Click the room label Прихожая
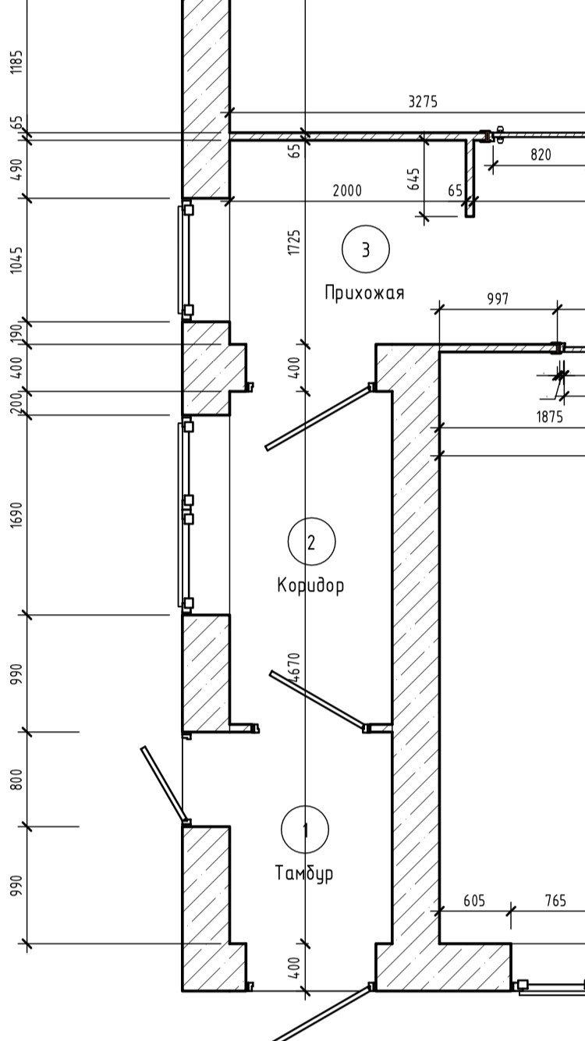365,293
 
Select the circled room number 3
366,249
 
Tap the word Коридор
310,584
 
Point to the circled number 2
311,542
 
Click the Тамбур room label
304,872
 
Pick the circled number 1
305,830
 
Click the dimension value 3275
423,101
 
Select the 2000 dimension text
347,190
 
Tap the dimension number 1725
294,242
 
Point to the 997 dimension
498,299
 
